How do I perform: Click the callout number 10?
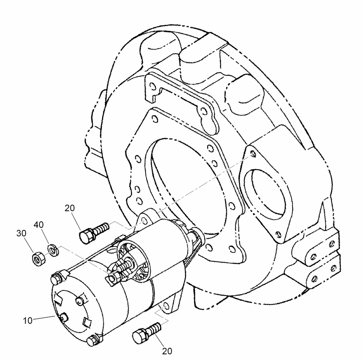27,320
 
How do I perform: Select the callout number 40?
39,224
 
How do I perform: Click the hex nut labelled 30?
37,258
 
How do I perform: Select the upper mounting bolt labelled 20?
94,231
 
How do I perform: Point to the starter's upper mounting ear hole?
143,220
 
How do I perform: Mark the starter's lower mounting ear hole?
165,305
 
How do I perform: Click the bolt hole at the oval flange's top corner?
254,153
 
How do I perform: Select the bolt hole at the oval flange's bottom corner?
278,234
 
